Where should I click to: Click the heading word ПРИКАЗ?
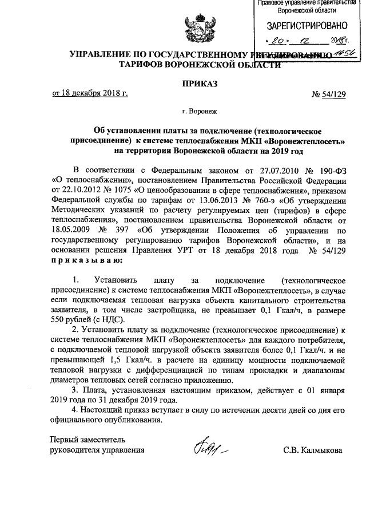(200, 84)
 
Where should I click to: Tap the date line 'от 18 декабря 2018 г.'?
(90, 93)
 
